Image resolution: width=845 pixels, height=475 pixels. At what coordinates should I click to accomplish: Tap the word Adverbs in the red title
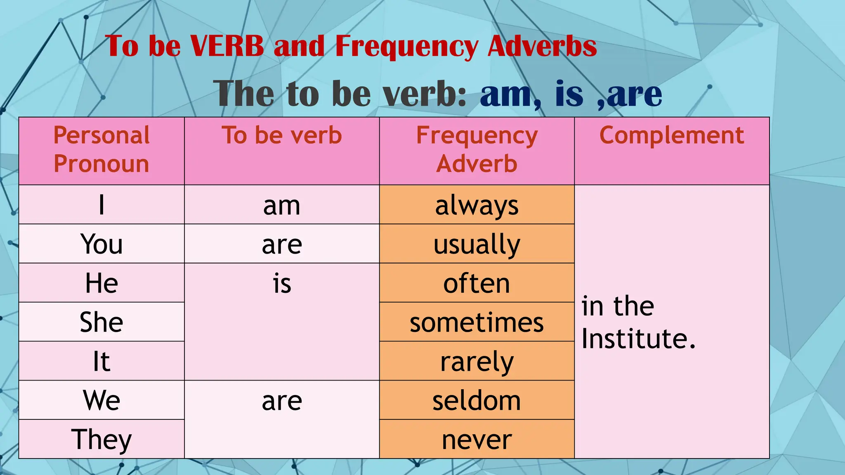point(542,46)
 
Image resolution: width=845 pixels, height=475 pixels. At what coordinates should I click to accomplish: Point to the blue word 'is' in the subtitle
point(569,94)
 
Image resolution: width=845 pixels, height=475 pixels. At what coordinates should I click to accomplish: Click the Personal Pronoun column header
point(101,149)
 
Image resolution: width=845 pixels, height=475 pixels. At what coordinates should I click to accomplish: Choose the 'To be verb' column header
point(282,136)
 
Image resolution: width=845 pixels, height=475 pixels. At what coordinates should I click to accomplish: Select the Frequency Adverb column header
point(477,149)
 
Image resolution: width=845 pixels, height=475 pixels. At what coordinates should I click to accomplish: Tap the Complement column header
point(672,136)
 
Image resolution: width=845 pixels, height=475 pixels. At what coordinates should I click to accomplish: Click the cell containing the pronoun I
point(101,205)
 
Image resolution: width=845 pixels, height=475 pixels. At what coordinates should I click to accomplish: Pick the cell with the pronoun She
point(101,322)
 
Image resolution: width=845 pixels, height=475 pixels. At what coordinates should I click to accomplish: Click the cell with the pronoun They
point(101,440)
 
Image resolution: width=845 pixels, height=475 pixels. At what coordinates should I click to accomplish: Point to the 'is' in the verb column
point(282,284)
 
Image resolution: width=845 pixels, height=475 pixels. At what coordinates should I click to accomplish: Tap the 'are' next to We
point(282,401)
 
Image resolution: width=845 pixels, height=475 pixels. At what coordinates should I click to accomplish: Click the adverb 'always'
point(477,205)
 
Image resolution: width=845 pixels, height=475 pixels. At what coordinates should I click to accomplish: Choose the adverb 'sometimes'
point(477,322)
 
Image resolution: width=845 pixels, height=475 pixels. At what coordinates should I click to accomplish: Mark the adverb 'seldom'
point(477,401)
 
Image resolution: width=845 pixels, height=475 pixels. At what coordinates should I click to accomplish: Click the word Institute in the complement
point(634,339)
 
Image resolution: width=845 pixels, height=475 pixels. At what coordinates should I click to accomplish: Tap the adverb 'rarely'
point(477,362)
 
